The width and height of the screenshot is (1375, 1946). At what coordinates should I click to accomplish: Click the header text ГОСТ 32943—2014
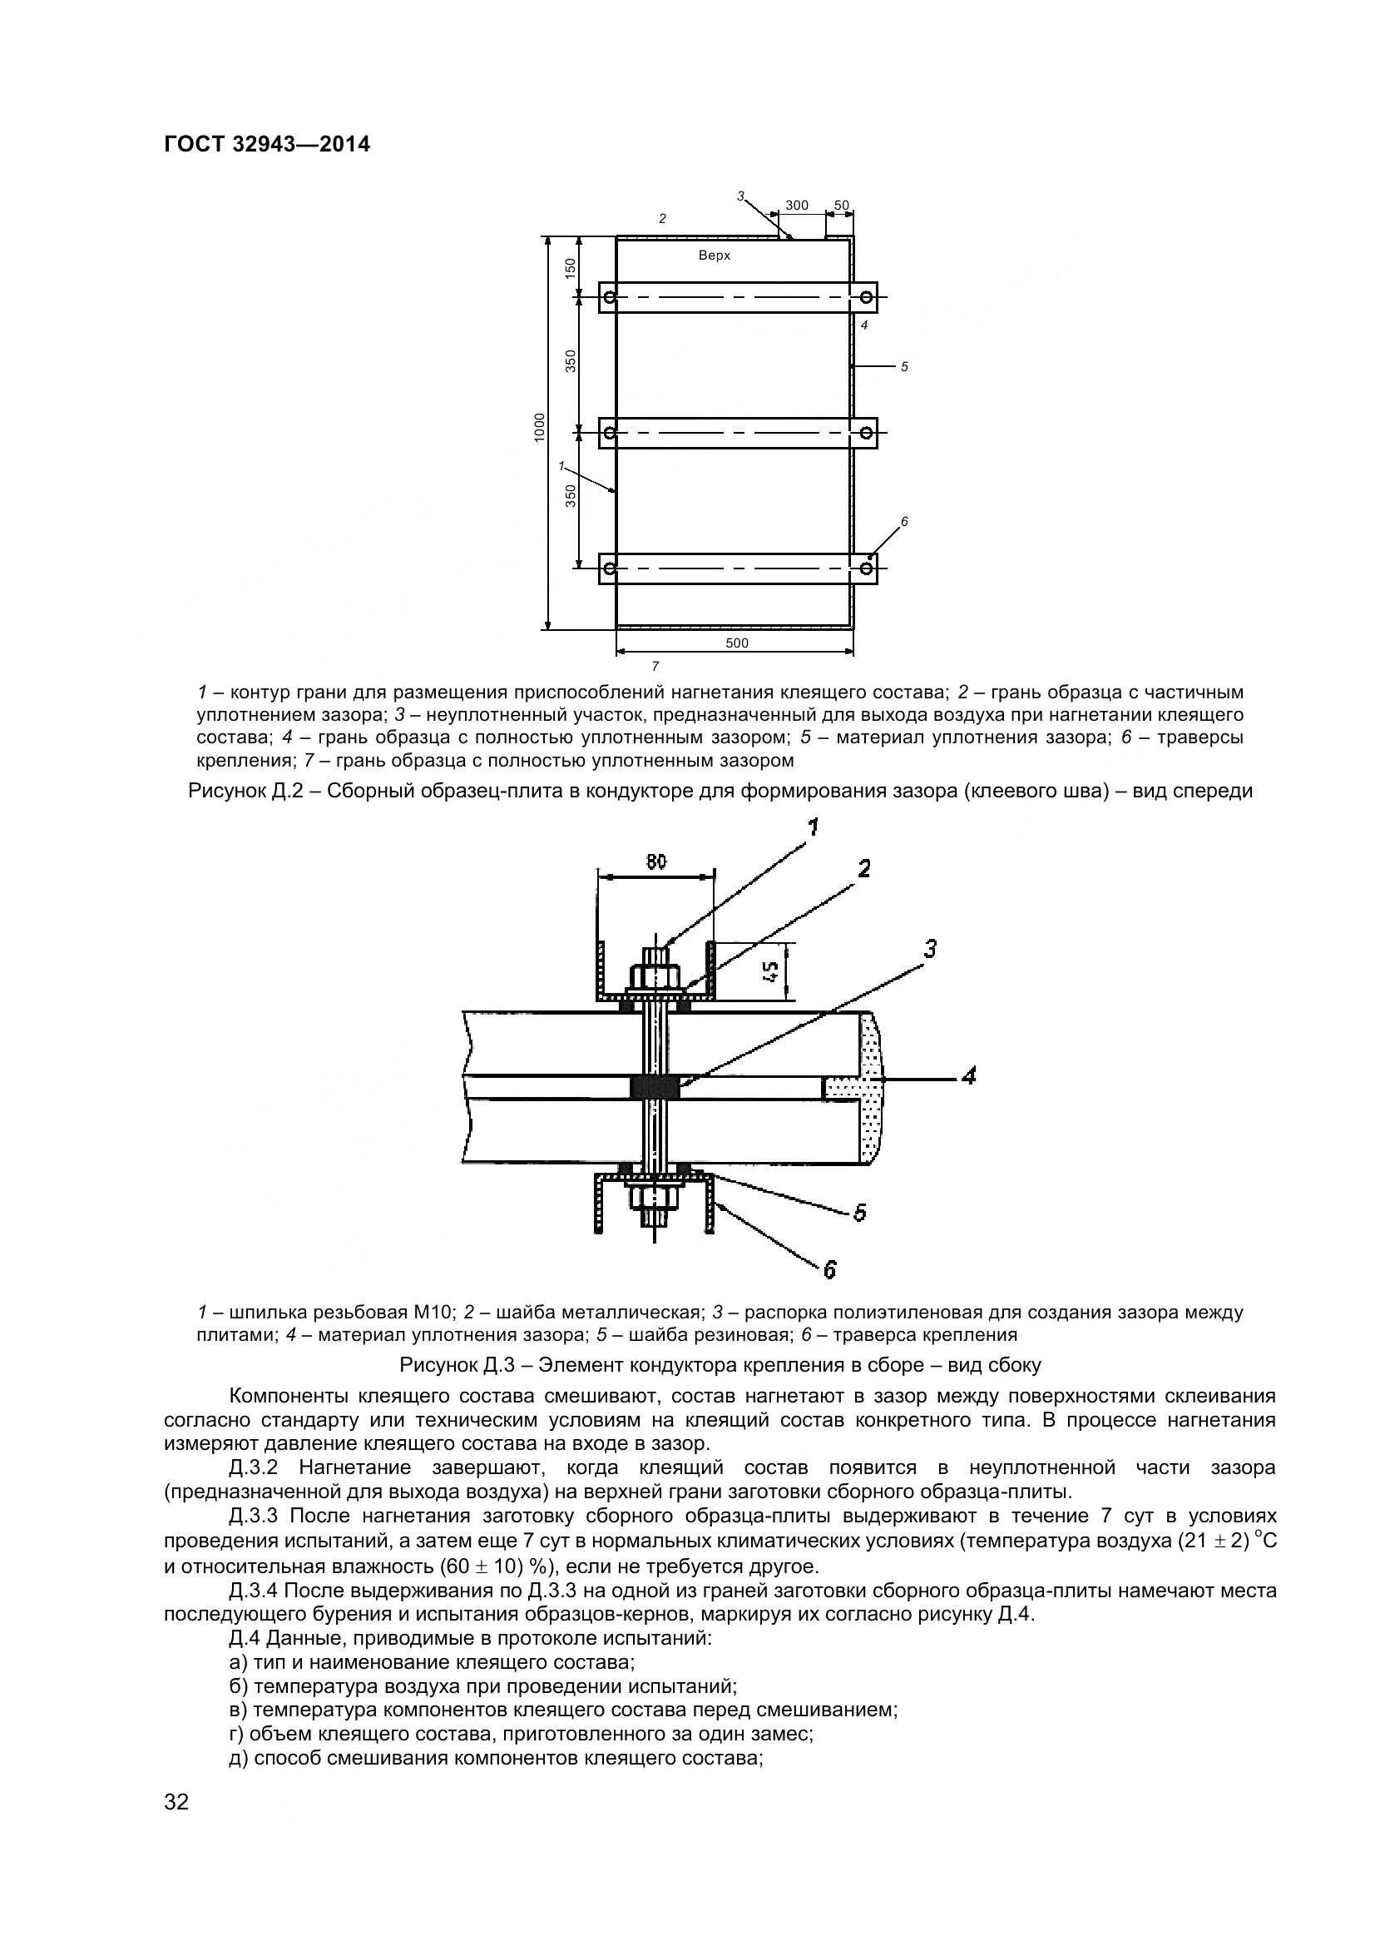click(267, 144)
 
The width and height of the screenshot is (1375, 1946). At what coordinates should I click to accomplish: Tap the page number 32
click(176, 1824)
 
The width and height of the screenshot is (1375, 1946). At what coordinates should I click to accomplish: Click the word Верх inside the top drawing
click(715, 256)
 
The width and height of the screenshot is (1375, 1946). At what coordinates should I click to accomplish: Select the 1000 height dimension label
click(539, 427)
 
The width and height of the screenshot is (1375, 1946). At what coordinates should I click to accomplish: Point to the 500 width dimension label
click(737, 643)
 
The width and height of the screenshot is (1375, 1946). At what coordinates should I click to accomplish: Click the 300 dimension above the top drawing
click(796, 205)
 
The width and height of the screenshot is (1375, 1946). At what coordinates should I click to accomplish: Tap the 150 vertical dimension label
click(570, 268)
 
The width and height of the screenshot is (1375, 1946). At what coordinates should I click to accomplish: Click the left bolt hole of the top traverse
click(610, 296)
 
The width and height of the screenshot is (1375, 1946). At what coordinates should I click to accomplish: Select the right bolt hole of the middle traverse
click(866, 433)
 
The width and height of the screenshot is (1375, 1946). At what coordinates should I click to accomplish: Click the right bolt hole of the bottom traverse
click(866, 568)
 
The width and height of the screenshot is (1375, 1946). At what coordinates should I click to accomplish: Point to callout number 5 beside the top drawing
click(904, 367)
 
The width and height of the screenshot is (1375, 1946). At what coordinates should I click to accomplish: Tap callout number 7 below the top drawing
click(655, 665)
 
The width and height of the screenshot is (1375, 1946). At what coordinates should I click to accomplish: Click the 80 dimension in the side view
click(655, 862)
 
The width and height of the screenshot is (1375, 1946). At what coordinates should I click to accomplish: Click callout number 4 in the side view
click(968, 1076)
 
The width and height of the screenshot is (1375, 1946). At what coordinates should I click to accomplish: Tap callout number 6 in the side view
click(829, 1268)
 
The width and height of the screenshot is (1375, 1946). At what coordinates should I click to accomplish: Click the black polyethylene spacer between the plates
click(655, 1086)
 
